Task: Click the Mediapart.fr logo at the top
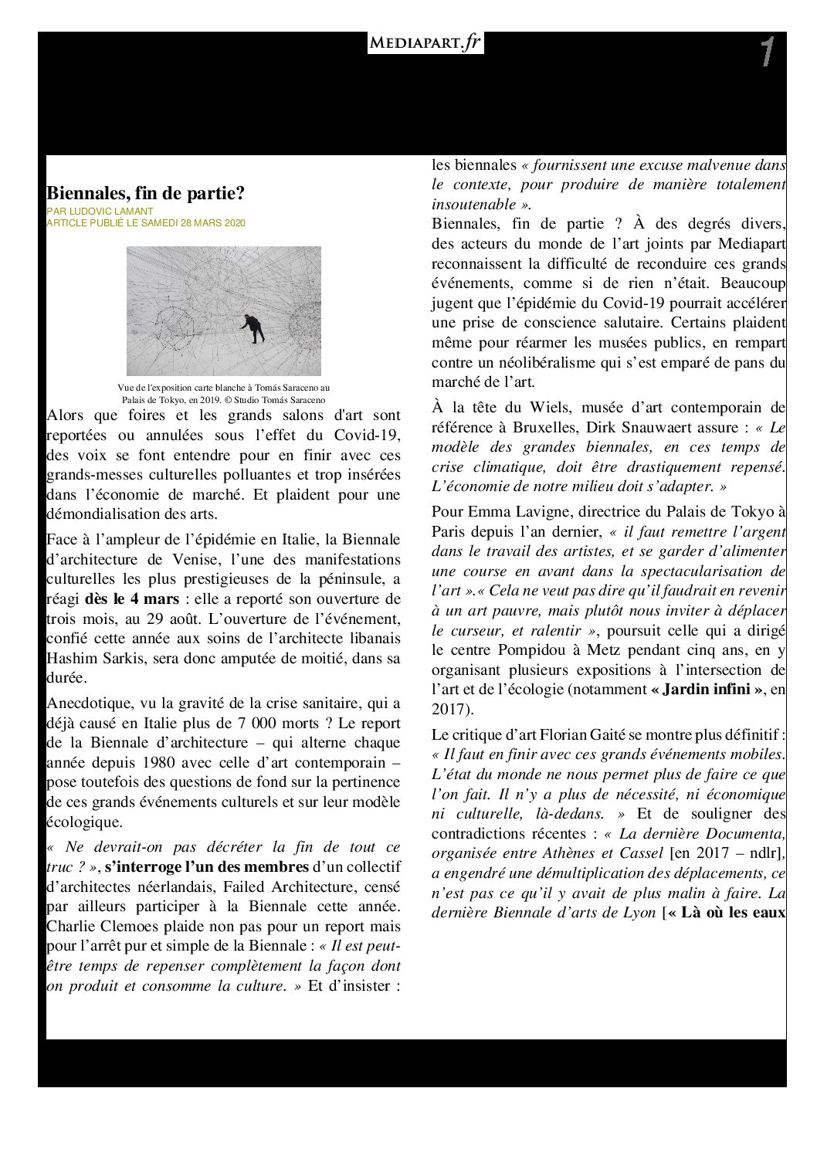pos(425,43)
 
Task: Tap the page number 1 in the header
pos(766,53)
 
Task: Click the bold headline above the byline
pos(145,193)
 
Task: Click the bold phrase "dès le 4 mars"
pos(131,599)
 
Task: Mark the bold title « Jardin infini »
pos(707,690)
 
